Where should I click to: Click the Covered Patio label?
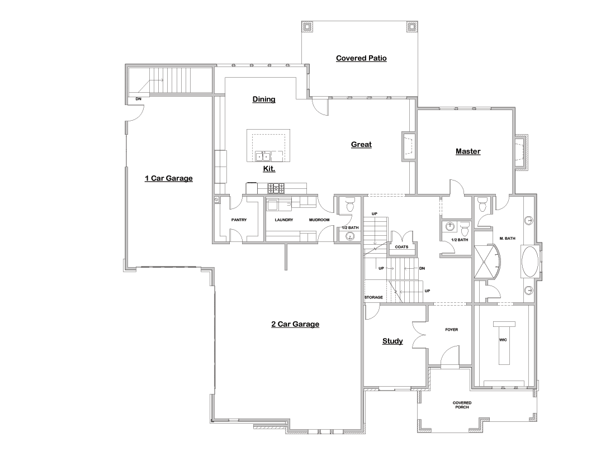361,58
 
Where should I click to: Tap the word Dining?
264,99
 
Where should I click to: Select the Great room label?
361,144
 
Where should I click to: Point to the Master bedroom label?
468,151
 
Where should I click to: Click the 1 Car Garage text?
168,178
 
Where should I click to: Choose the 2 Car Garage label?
295,324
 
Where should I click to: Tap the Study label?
392,341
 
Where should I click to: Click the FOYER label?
451,330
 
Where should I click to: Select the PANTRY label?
239,220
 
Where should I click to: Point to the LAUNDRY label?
284,220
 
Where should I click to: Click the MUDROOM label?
319,220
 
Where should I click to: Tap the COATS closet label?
401,246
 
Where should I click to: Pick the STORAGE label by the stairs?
373,297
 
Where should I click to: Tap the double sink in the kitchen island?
263,155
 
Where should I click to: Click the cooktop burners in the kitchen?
275,187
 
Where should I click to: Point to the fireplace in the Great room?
408,145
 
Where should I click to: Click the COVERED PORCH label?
462,405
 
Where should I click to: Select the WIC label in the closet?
502,339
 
